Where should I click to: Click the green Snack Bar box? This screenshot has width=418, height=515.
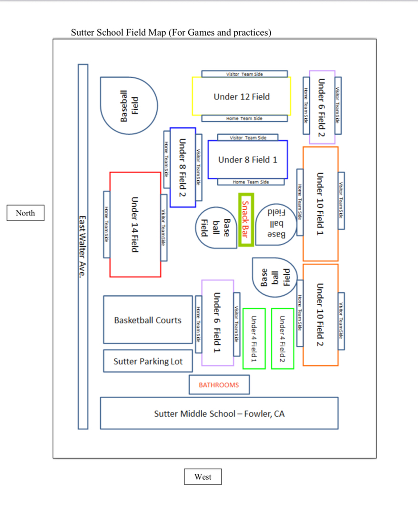point(246,220)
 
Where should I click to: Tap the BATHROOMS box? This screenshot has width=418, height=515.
point(219,385)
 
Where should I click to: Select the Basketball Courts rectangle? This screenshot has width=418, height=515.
point(148,320)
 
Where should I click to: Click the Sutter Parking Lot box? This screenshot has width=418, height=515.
point(148,361)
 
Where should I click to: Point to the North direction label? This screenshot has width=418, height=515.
point(25,213)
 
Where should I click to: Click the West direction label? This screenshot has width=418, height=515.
point(203,477)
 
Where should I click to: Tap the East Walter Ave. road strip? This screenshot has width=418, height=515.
point(82,246)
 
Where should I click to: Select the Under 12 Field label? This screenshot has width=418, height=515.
point(242,97)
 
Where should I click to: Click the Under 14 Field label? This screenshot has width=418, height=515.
point(135,225)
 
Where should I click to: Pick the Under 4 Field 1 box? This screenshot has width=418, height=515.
point(254,339)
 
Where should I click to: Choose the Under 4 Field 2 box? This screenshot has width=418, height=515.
point(282,339)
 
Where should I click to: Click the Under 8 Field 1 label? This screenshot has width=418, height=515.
point(248,160)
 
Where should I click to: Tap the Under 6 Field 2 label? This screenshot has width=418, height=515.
point(322,107)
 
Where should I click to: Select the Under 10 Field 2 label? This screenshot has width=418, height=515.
point(320,315)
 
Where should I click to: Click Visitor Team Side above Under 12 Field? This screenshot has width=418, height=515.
point(245,74)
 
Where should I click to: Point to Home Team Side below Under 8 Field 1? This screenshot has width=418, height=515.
point(251,182)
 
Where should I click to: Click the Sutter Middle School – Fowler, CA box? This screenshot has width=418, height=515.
point(219,413)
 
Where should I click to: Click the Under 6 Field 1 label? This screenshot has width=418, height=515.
point(217,322)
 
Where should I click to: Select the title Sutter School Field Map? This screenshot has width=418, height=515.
point(171,33)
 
